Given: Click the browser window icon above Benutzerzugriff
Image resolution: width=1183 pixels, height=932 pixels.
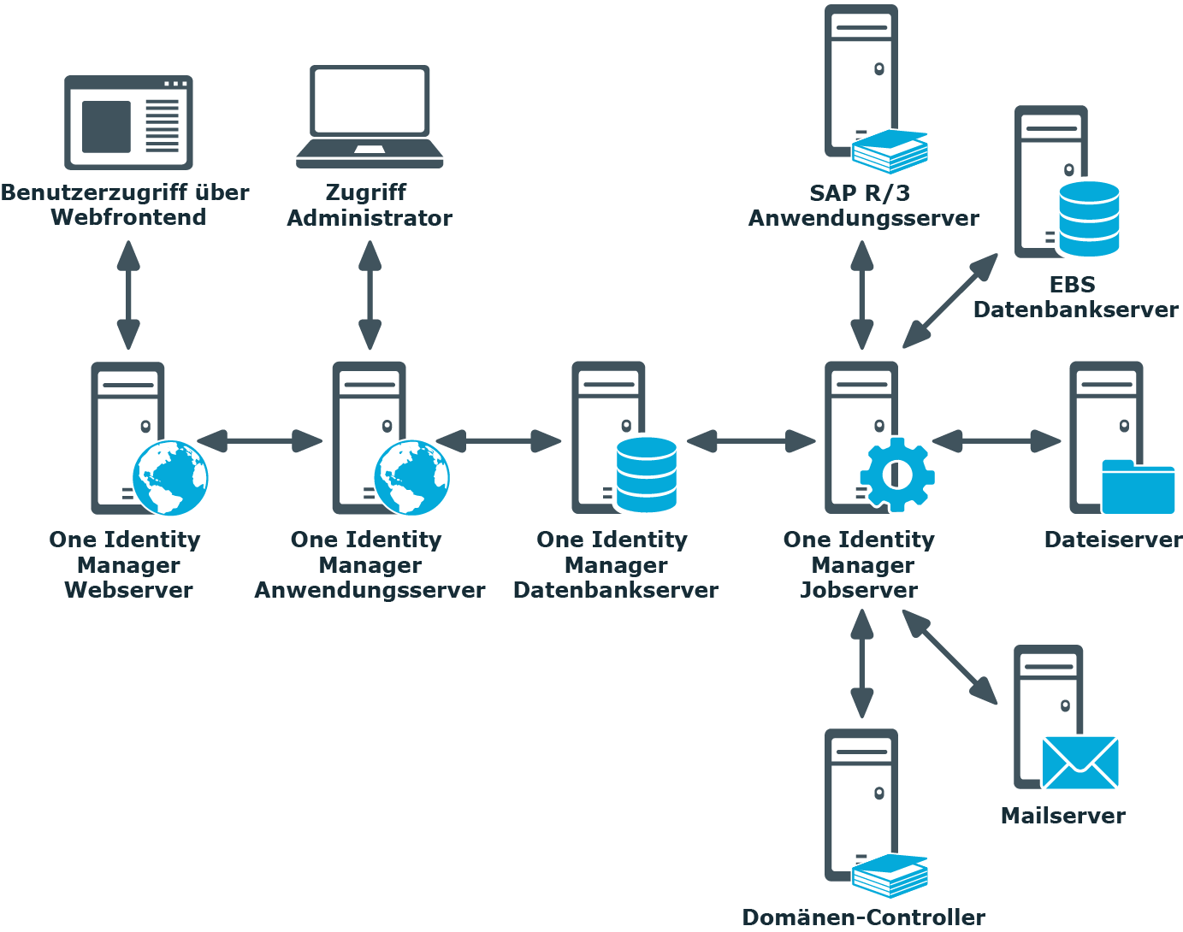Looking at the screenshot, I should (x=128, y=122).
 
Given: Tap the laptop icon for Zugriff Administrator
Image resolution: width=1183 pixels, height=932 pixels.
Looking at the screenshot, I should (x=370, y=116).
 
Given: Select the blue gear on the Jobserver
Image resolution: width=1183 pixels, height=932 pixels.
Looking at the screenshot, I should (x=896, y=475).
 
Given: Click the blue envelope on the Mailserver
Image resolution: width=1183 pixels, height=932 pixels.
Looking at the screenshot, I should (x=1079, y=763).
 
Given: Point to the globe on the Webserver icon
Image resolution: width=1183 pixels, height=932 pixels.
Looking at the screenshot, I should (x=170, y=478).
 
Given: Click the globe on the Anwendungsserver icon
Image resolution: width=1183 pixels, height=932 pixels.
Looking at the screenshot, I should (x=411, y=478).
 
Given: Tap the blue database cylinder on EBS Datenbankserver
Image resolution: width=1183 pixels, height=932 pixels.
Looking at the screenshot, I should (x=1089, y=219).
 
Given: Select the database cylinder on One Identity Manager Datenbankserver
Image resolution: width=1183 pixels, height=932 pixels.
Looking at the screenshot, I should (x=647, y=475).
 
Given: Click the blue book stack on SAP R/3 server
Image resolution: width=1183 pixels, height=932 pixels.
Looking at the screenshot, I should (x=890, y=151).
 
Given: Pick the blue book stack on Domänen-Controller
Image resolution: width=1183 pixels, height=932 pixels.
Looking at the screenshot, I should (x=890, y=876).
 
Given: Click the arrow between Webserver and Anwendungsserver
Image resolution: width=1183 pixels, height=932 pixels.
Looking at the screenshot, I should (x=260, y=441).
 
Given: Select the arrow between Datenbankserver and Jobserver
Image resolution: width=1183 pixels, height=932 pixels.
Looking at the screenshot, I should (x=751, y=441).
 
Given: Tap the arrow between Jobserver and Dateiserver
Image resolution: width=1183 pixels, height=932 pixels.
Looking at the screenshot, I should (x=997, y=441).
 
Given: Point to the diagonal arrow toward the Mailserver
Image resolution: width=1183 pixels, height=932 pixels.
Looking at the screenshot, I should (x=950, y=658).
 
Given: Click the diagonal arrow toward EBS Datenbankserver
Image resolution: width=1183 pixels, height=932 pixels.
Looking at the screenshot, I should (x=950, y=301).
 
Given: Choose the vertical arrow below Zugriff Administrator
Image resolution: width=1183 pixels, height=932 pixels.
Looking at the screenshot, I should (x=370, y=295).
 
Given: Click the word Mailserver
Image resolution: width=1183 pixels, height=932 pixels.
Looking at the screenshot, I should (x=1062, y=816).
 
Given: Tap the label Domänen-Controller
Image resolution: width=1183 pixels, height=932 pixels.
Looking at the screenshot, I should (x=863, y=917).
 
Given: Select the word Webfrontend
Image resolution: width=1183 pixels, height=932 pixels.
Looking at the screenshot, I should (x=128, y=217).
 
